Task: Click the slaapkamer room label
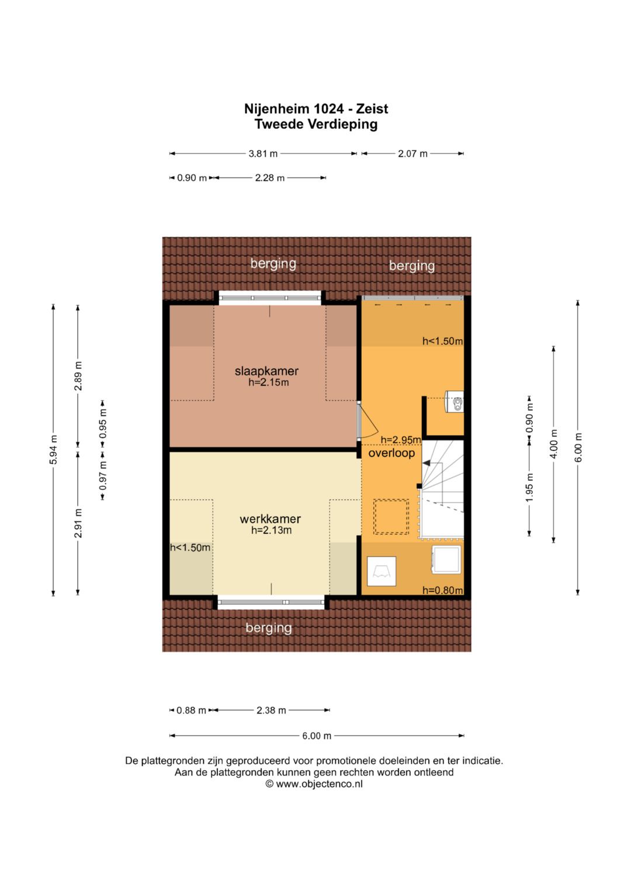click(x=266, y=371)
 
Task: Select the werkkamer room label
click(x=270, y=519)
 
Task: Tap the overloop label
click(x=391, y=453)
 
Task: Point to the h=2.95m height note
click(x=401, y=440)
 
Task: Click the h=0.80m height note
click(x=443, y=590)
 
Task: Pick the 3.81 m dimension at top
click(x=263, y=153)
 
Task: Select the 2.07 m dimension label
click(x=412, y=153)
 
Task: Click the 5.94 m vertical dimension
click(x=54, y=450)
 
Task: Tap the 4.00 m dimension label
click(x=554, y=444)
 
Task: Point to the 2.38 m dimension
click(x=271, y=710)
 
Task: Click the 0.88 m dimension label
click(x=191, y=710)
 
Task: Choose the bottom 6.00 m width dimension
click(x=317, y=736)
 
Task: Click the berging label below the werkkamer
click(x=269, y=628)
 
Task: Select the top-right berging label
click(x=412, y=266)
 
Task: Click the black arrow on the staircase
click(x=427, y=463)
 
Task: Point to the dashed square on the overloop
click(x=391, y=516)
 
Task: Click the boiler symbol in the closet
click(x=454, y=401)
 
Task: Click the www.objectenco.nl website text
click(x=319, y=784)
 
